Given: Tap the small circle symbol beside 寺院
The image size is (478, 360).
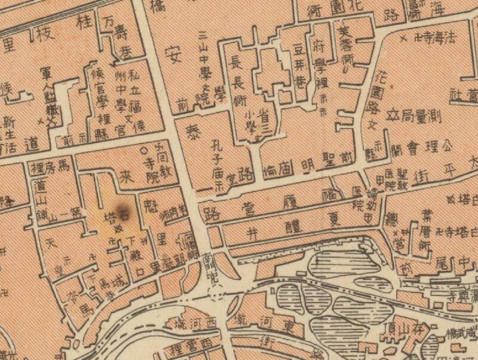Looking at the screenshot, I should (x=143, y=151).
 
